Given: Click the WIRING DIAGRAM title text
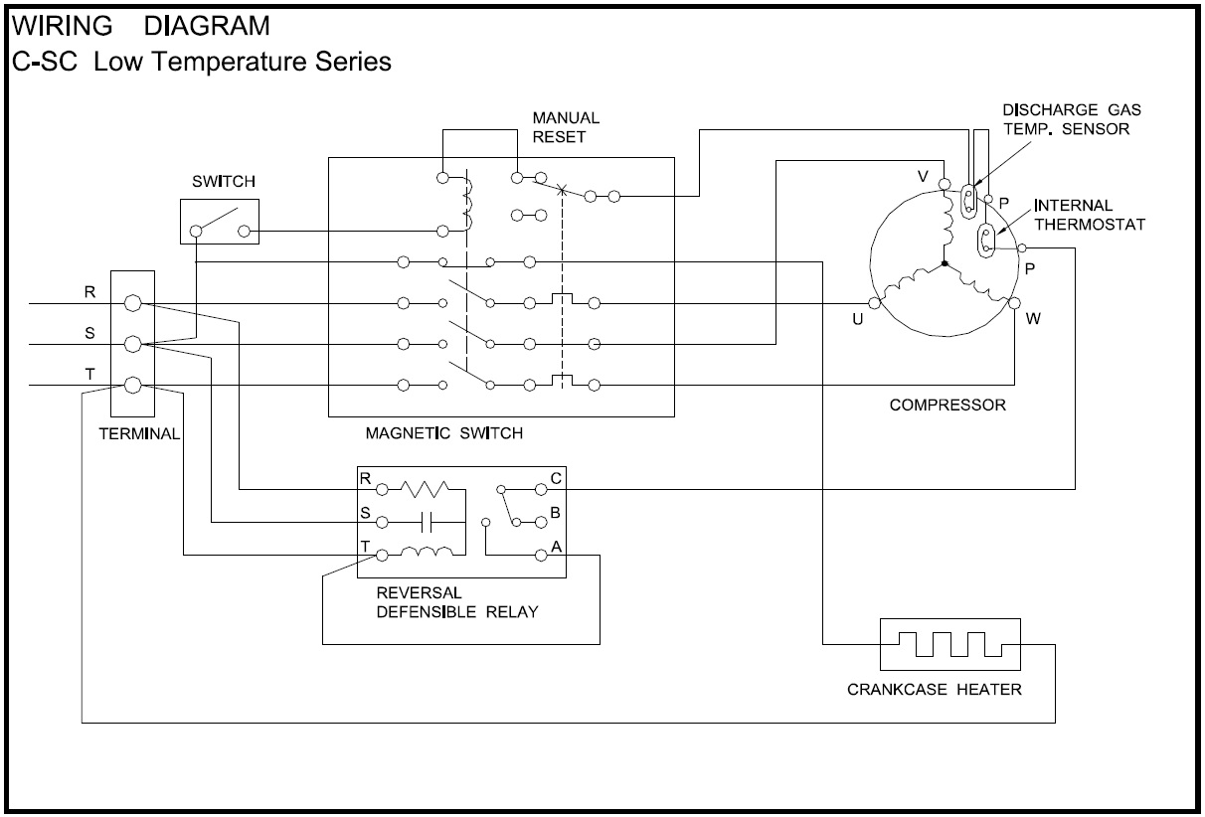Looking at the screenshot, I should click(x=140, y=23).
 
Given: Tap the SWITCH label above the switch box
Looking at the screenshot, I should click(x=223, y=182).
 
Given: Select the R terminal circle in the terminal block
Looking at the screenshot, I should click(x=134, y=303).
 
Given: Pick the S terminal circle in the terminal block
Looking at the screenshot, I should click(x=134, y=345).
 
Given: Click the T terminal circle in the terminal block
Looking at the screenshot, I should click(x=134, y=385).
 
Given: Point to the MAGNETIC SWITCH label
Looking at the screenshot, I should click(x=443, y=433).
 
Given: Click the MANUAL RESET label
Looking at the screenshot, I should click(x=566, y=127).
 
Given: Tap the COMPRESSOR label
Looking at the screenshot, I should click(x=947, y=405).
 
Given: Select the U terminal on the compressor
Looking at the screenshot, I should click(x=874, y=303).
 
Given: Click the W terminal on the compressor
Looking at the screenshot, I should click(x=1014, y=302).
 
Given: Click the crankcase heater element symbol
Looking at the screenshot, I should click(x=949, y=644).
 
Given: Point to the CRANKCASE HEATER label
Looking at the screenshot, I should click(x=934, y=689).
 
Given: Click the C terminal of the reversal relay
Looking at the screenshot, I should click(x=541, y=489).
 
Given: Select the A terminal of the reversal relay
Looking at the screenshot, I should click(x=541, y=553).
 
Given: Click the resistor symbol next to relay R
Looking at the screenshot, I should click(x=426, y=489).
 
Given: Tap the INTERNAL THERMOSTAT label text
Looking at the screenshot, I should click(x=1090, y=215).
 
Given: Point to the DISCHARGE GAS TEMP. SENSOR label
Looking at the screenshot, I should click(x=1066, y=119).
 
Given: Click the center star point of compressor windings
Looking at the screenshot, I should click(x=943, y=264).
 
